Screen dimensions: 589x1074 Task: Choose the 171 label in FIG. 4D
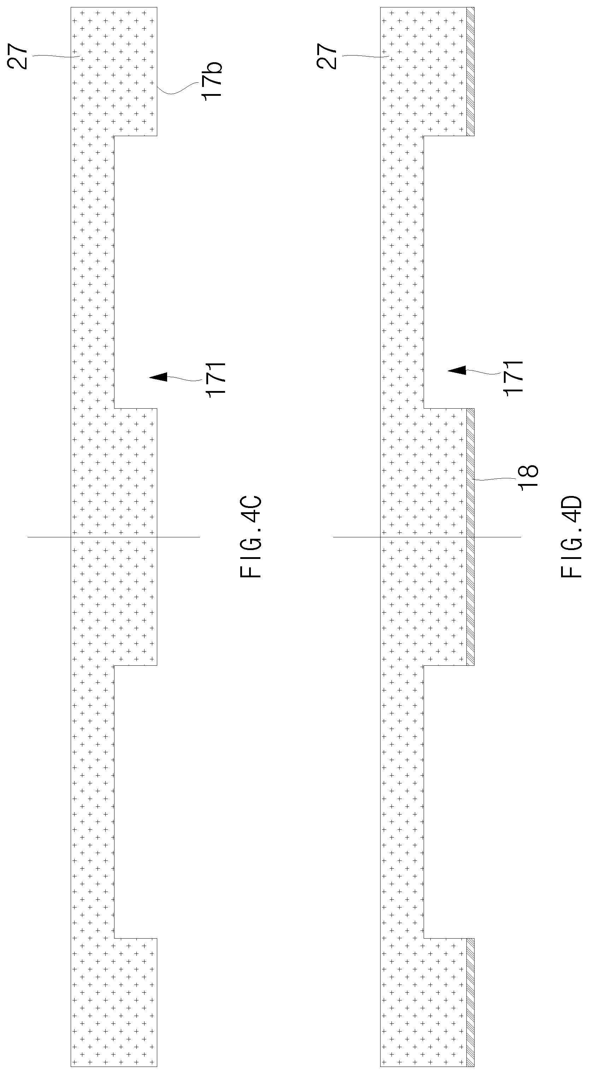pyautogui.click(x=513, y=378)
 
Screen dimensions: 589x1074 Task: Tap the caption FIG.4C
pyautogui.click(x=251, y=536)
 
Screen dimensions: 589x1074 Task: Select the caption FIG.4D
pyautogui.click(x=571, y=536)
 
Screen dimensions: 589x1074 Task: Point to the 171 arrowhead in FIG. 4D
pyautogui.click(x=457, y=370)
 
